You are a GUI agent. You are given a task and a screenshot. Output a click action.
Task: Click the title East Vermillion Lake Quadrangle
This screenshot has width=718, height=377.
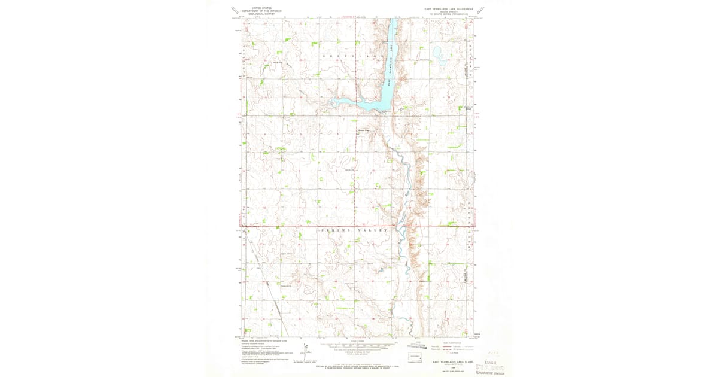(x=448, y=9)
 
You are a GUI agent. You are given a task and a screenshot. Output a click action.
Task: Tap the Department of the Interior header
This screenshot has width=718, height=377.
(x=261, y=11)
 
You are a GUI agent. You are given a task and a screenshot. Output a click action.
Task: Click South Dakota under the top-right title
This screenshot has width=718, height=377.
(x=448, y=12)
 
